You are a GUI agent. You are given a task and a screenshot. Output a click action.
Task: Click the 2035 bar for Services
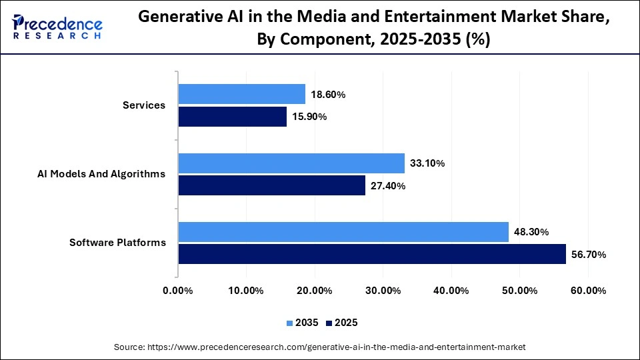(x=241, y=94)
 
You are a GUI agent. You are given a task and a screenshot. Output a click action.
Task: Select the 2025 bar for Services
(x=232, y=117)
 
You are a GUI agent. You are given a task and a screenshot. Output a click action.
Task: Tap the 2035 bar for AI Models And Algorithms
(x=291, y=163)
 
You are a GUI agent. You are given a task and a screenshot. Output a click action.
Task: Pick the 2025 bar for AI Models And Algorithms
(x=271, y=185)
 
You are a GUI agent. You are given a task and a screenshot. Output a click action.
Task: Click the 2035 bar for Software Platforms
(x=343, y=232)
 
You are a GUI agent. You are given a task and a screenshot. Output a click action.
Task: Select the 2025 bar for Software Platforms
(x=371, y=254)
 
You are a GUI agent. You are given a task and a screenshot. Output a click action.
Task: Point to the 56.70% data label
(x=587, y=255)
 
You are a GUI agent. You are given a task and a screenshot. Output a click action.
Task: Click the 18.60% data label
(x=327, y=95)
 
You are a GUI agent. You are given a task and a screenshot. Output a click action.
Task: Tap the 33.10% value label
(x=427, y=163)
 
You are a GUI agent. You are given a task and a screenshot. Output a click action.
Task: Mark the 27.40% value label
(x=387, y=186)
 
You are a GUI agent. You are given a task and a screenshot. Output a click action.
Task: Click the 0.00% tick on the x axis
(x=177, y=291)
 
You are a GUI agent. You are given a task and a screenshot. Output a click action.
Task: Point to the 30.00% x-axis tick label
(x=383, y=291)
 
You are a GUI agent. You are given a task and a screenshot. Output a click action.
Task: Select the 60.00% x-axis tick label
(x=588, y=291)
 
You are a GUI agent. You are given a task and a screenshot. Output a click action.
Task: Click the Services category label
(x=144, y=105)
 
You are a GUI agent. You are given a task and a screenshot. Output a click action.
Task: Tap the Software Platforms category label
(x=117, y=243)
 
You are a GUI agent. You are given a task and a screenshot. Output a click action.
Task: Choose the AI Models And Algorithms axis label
(x=101, y=174)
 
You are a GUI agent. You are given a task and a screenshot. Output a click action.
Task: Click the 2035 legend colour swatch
(x=290, y=323)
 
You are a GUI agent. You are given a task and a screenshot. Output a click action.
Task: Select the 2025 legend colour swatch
(x=329, y=323)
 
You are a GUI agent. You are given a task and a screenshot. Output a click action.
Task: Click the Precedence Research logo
(x=57, y=27)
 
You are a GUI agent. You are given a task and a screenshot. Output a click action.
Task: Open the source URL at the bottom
(x=320, y=347)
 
